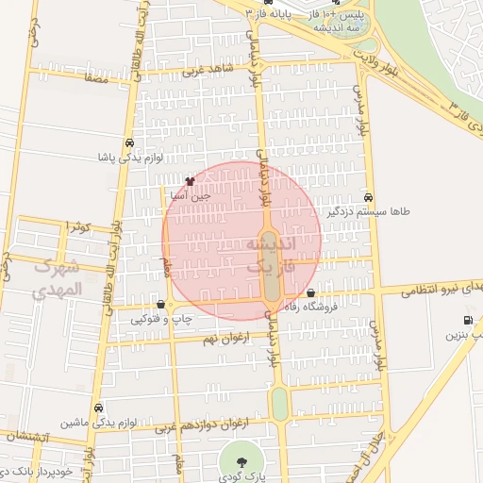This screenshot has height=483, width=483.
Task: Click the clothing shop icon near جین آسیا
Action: (x=190, y=181)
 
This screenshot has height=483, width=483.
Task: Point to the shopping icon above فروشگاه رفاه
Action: (x=310, y=292)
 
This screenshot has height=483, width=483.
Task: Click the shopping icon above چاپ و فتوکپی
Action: (x=162, y=304)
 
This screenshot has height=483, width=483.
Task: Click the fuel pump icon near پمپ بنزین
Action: (x=469, y=320)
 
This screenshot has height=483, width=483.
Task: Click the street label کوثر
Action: (x=76, y=227)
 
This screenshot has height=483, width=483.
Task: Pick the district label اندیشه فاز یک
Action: (x=271, y=256)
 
